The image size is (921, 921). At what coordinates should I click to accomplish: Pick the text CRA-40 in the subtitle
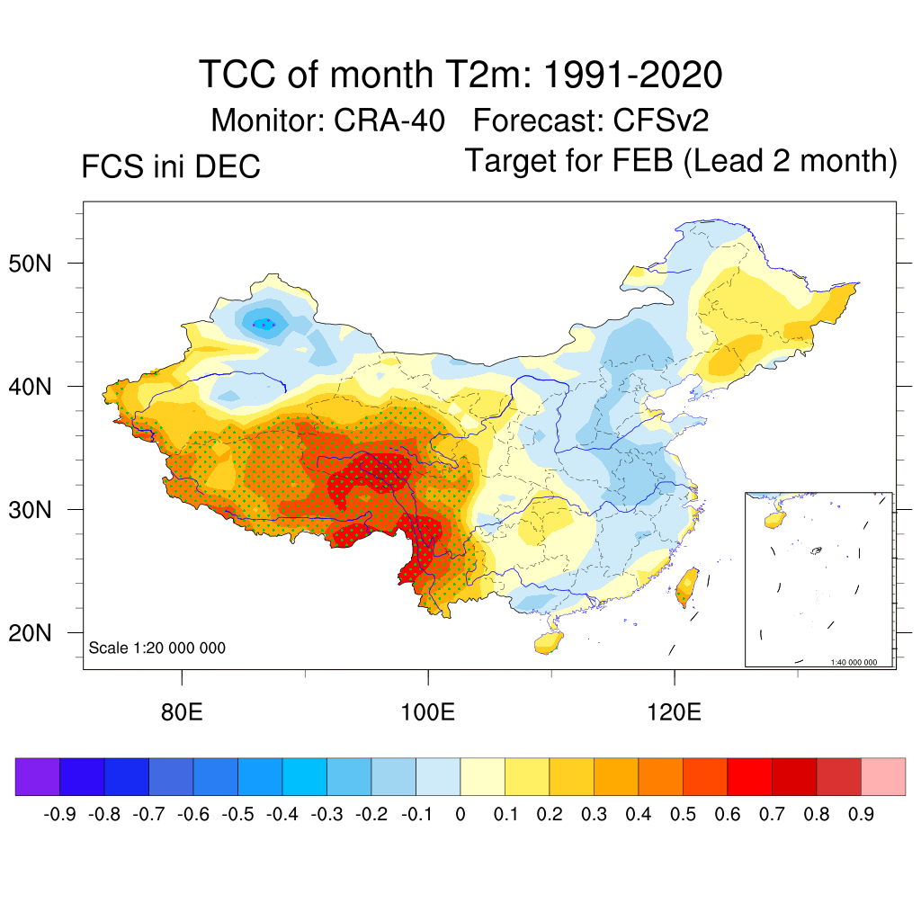pyautogui.click(x=389, y=120)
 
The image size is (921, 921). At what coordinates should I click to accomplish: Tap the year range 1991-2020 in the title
pyautogui.click(x=621, y=75)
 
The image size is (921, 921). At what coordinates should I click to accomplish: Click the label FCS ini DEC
pyautogui.click(x=171, y=167)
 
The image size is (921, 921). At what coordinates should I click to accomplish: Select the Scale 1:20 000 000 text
pyautogui.click(x=157, y=648)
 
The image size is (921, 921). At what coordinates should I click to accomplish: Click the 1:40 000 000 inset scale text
pyautogui.click(x=860, y=662)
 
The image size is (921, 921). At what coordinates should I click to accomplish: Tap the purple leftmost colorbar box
pyautogui.click(x=38, y=776)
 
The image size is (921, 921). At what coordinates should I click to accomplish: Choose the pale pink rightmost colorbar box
pyautogui.click(x=883, y=776)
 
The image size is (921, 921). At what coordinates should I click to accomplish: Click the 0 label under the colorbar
pyautogui.click(x=460, y=815)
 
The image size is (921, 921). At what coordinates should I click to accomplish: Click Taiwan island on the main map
pyautogui.click(x=688, y=586)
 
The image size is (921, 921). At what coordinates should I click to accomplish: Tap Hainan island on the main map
pyautogui.click(x=549, y=641)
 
